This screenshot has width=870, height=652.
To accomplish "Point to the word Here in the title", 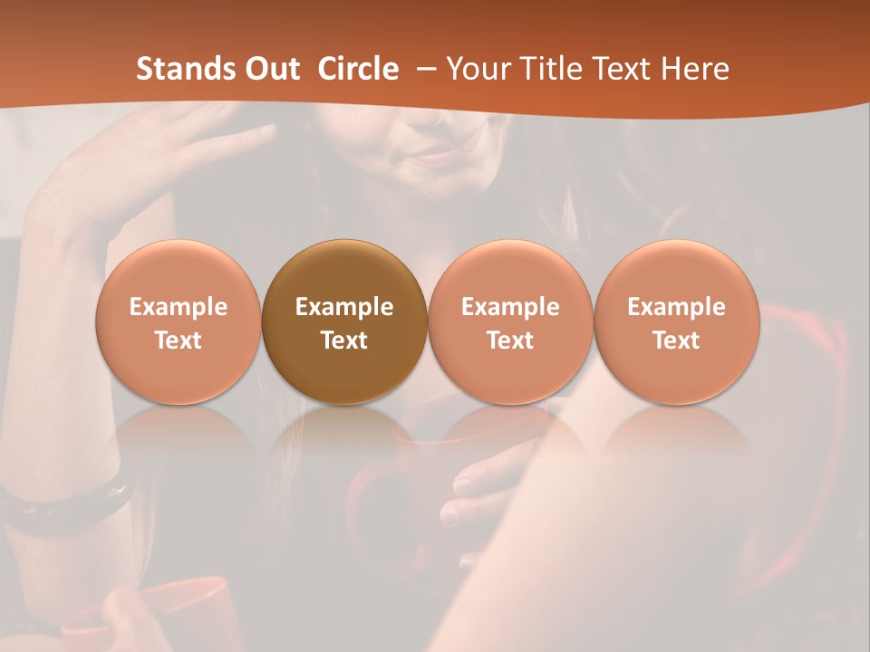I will tap(695, 69).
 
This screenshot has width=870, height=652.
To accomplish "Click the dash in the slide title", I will tap(425, 69).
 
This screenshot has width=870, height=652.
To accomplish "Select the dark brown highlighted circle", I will tap(344, 321).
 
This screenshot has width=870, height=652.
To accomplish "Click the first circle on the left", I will tap(179, 321).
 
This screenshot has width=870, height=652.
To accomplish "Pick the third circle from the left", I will tap(510, 321).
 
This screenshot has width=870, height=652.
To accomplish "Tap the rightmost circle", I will tap(676, 321).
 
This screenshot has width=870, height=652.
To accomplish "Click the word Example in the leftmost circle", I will tap(179, 307).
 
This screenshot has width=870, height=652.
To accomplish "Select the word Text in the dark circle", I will tap(344, 340).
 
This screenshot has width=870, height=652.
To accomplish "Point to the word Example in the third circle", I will tap(510, 307).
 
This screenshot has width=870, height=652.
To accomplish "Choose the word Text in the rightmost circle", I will tap(676, 340).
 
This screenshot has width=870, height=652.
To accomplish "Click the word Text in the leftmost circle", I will tap(179, 340).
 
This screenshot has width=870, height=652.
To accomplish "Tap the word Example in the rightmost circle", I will tap(676, 307).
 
